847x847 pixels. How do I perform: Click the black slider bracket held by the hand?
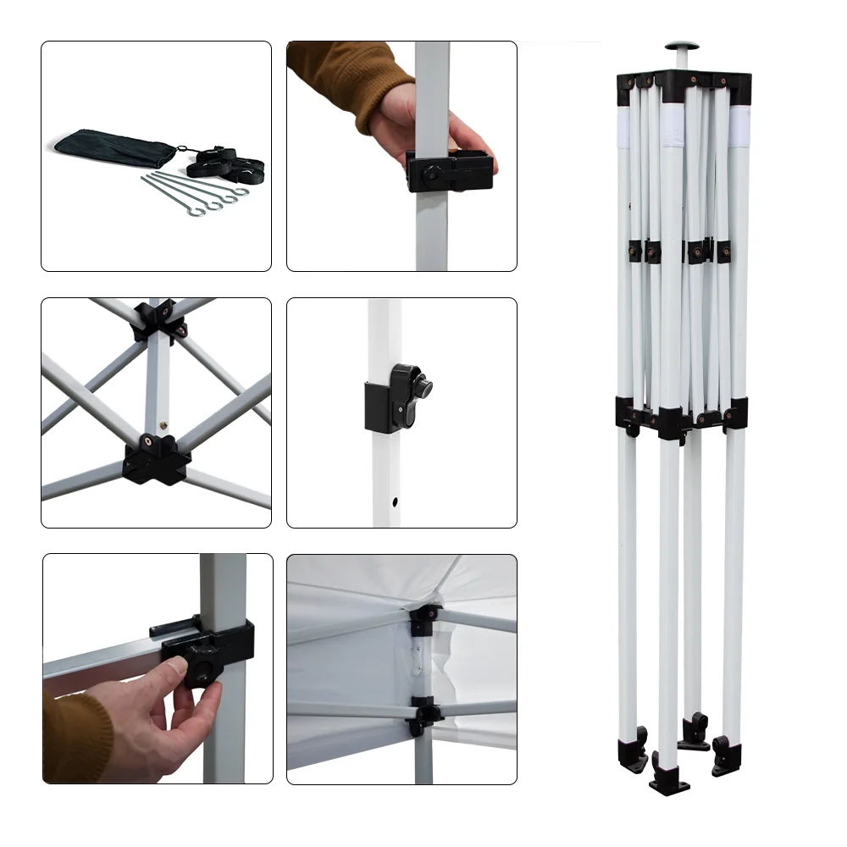[449, 171]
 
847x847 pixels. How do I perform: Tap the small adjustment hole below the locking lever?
[396, 501]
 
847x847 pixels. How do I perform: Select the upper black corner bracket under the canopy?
[423, 620]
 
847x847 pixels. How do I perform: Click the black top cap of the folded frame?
[683, 80]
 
